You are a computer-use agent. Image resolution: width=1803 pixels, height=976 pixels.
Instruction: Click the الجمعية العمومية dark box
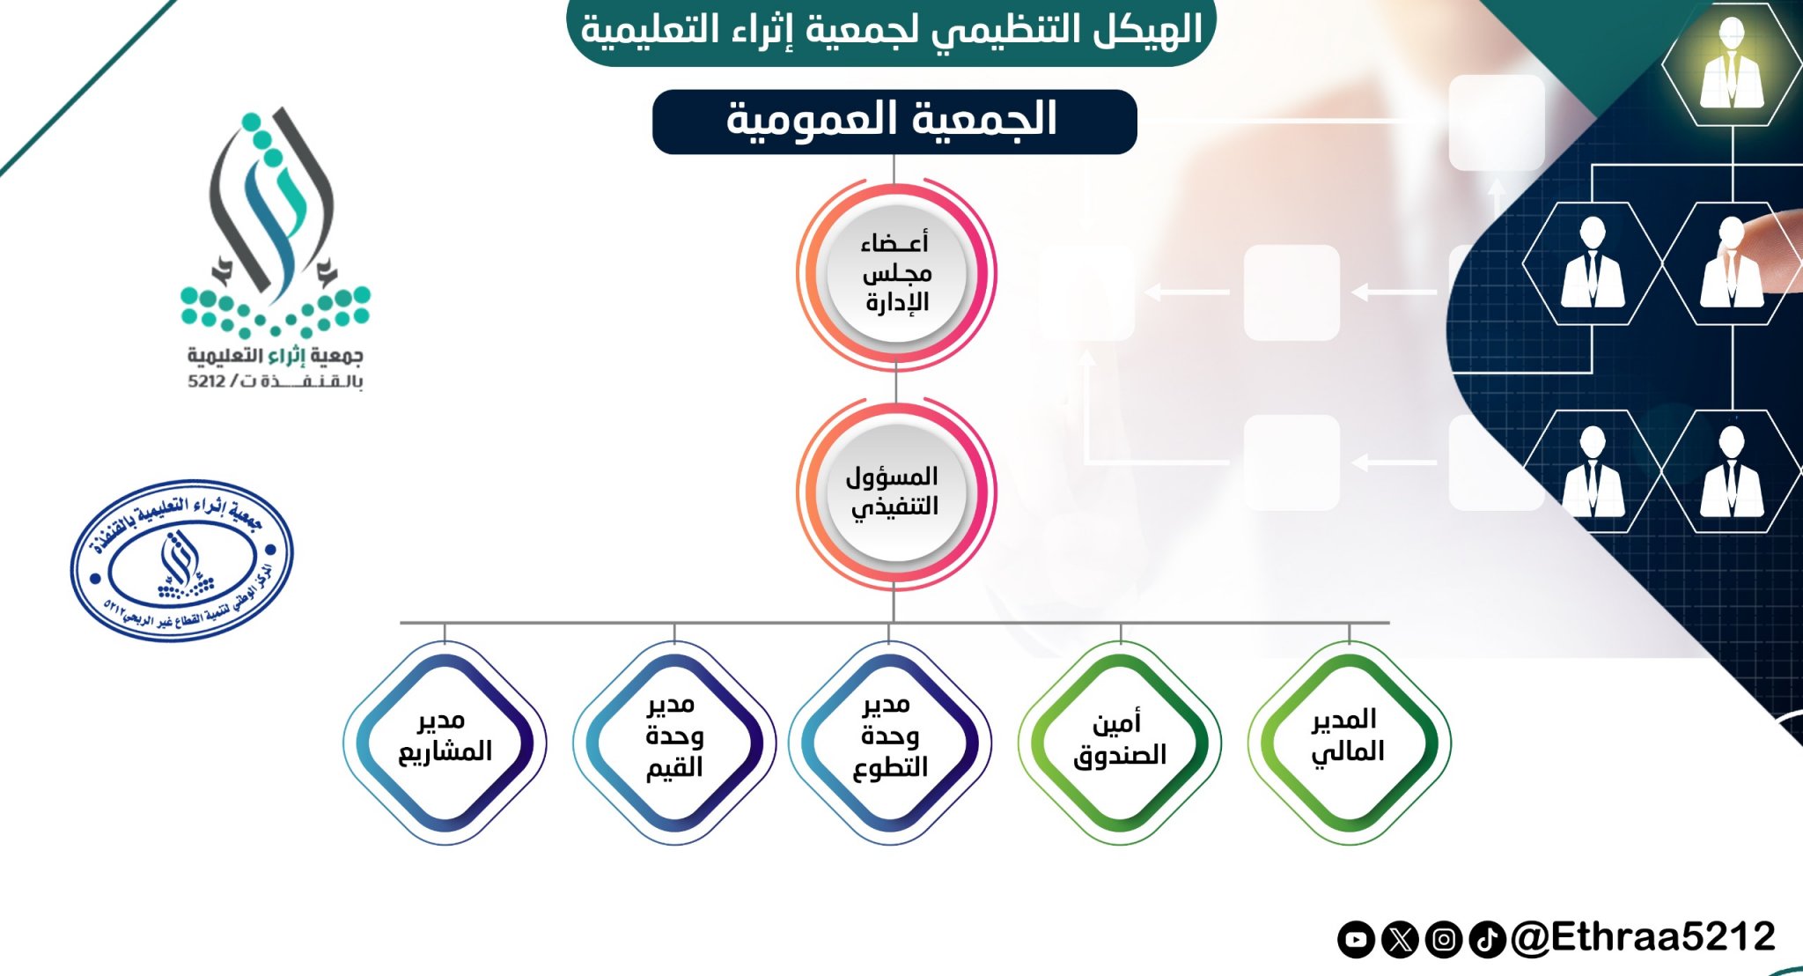click(x=894, y=122)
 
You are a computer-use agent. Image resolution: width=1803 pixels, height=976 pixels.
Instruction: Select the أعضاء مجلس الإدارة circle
click(x=896, y=274)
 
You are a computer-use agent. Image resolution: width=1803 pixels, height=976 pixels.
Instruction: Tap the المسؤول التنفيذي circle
click(x=896, y=492)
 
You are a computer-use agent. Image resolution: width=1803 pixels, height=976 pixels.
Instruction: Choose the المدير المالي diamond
click(x=1349, y=743)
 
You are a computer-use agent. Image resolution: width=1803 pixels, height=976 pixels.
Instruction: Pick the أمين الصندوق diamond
click(x=1120, y=743)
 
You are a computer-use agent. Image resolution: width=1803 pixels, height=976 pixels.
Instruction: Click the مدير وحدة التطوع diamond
click(x=890, y=743)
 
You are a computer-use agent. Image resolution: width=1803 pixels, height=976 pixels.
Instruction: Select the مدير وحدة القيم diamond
click(x=674, y=743)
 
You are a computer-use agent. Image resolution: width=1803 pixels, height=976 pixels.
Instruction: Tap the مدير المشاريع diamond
click(x=445, y=743)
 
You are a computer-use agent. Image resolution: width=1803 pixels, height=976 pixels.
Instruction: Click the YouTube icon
click(x=1356, y=940)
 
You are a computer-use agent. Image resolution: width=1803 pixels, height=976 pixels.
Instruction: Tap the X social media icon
click(x=1400, y=940)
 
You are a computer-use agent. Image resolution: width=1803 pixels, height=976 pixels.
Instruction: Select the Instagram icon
click(x=1444, y=940)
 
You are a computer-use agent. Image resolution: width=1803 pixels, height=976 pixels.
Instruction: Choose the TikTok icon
click(x=1488, y=940)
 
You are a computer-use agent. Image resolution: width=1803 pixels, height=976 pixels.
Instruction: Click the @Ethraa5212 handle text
click(x=1643, y=937)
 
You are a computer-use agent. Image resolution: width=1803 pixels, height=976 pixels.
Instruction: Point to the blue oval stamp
click(x=182, y=560)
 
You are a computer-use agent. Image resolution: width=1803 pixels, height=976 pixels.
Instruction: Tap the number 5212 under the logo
click(x=206, y=381)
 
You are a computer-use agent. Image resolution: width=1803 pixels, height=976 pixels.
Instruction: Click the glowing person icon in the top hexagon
click(x=1732, y=66)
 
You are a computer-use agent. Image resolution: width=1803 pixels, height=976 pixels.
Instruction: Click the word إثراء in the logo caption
click(x=286, y=356)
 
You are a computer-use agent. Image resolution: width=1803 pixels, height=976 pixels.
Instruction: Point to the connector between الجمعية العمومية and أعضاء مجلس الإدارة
click(x=894, y=167)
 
